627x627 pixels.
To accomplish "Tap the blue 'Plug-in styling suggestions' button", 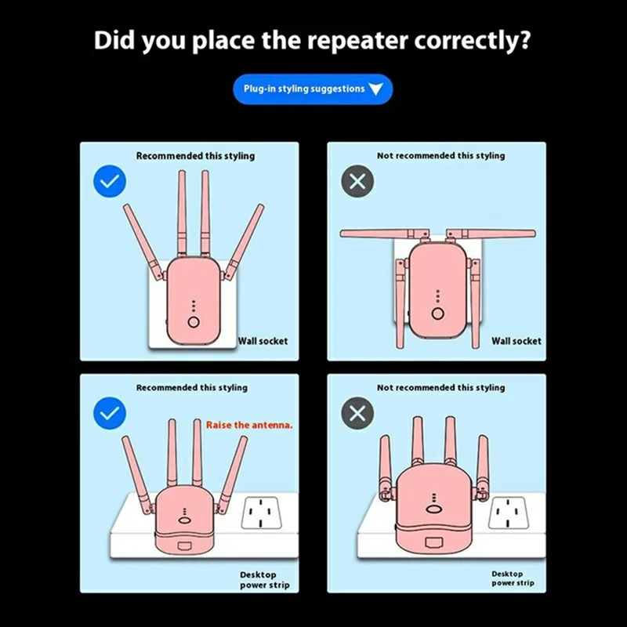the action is [x=313, y=89].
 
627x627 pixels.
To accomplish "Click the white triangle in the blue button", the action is [x=376, y=89].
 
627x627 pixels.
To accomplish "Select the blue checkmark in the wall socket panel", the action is [x=110, y=181].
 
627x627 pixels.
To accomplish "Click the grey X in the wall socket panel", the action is [x=357, y=181].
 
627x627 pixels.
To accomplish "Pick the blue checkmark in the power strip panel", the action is [x=110, y=413].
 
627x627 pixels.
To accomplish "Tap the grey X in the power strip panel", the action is [x=357, y=413].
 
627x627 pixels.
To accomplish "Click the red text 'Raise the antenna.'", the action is [x=249, y=425].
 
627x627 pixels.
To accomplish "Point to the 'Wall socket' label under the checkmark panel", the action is [x=263, y=341].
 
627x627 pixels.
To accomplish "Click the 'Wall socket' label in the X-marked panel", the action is [x=516, y=341].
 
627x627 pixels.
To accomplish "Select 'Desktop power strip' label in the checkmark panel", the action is [x=265, y=580].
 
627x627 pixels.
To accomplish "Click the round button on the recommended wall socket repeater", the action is [x=194, y=322].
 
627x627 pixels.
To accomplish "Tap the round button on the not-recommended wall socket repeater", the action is [x=438, y=313].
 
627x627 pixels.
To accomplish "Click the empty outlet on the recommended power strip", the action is [x=261, y=513].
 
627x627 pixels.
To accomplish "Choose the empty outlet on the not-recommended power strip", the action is [x=509, y=513].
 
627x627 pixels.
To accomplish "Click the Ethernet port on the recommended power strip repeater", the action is [x=184, y=546].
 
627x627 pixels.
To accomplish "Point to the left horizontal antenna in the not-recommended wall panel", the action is [x=385, y=234].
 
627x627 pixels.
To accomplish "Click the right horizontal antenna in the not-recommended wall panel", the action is [x=491, y=234].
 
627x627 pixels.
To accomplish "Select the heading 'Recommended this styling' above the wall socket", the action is [x=195, y=156].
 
